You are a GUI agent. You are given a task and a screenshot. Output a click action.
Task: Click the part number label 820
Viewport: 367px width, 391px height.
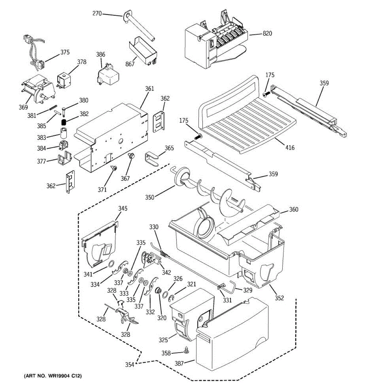pos(267,34)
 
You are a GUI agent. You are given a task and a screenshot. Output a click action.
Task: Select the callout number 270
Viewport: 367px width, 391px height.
pos(97,13)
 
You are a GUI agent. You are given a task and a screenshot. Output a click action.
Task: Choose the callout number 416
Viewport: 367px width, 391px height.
pos(290,148)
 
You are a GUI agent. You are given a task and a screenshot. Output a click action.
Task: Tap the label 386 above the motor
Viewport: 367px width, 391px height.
pos(100,54)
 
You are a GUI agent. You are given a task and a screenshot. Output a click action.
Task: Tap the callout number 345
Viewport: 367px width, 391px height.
pos(123,208)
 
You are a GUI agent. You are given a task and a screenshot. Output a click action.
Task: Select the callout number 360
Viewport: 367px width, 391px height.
pos(294,210)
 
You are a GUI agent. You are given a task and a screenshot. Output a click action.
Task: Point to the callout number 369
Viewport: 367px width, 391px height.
pos(23,107)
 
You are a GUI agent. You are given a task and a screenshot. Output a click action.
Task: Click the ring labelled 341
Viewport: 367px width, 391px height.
pos(111,264)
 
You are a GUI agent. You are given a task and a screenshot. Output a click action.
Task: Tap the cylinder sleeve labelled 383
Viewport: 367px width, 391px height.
pos(64,133)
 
